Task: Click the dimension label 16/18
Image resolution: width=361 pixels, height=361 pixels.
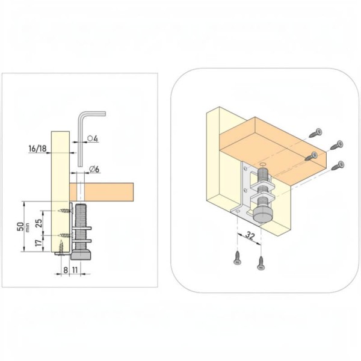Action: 37,149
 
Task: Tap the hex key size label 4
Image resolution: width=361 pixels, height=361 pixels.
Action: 96,139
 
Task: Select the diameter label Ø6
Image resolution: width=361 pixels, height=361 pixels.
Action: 94,169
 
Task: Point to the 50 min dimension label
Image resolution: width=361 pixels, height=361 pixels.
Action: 23,227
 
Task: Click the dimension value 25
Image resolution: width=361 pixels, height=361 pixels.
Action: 39,223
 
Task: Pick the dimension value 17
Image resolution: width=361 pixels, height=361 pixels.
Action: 39,242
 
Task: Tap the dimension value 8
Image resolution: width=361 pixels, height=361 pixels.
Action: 66,270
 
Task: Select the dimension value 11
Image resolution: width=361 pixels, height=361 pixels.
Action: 75,270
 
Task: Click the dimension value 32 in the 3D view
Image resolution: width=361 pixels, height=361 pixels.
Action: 250,235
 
